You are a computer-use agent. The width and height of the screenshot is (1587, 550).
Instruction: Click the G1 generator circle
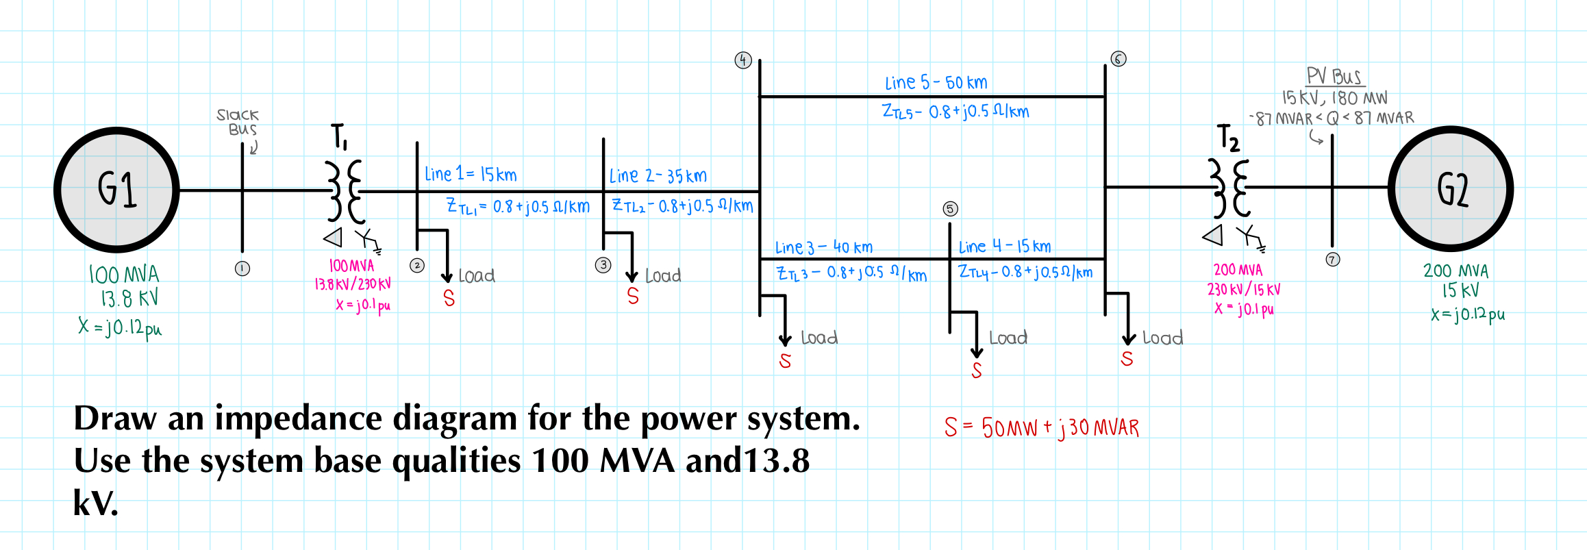[x=116, y=190]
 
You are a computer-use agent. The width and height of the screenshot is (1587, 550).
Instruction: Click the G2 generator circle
[x=1451, y=188]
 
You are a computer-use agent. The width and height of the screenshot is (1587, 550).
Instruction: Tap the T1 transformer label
[x=340, y=136]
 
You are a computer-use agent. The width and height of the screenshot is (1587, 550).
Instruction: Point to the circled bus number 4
[x=743, y=60]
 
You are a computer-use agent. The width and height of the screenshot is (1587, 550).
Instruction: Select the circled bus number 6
[x=1118, y=59]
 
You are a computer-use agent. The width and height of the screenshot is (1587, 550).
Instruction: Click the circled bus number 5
[x=950, y=209]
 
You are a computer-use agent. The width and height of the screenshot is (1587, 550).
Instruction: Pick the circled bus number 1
[x=242, y=268]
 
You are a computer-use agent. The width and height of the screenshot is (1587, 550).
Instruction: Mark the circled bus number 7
[x=1332, y=260]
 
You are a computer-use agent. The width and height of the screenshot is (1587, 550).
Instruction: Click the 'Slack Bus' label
[x=238, y=122]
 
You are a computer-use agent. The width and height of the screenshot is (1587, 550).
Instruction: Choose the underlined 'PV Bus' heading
[x=1334, y=76]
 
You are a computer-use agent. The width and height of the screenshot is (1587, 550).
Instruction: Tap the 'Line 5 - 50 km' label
[x=936, y=83]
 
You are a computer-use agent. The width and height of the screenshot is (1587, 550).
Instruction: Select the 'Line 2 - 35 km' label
[x=658, y=176]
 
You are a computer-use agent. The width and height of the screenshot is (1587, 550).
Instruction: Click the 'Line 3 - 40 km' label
[x=823, y=247]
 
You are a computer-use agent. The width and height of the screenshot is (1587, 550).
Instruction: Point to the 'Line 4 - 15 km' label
[x=1004, y=247]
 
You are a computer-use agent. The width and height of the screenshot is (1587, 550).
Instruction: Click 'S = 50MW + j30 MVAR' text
[x=1041, y=427]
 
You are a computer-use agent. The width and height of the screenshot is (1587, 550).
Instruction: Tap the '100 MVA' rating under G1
[x=124, y=275]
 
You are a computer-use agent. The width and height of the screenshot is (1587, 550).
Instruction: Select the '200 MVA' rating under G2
[x=1455, y=271]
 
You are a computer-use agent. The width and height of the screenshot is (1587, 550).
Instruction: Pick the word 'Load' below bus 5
[x=1008, y=338]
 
